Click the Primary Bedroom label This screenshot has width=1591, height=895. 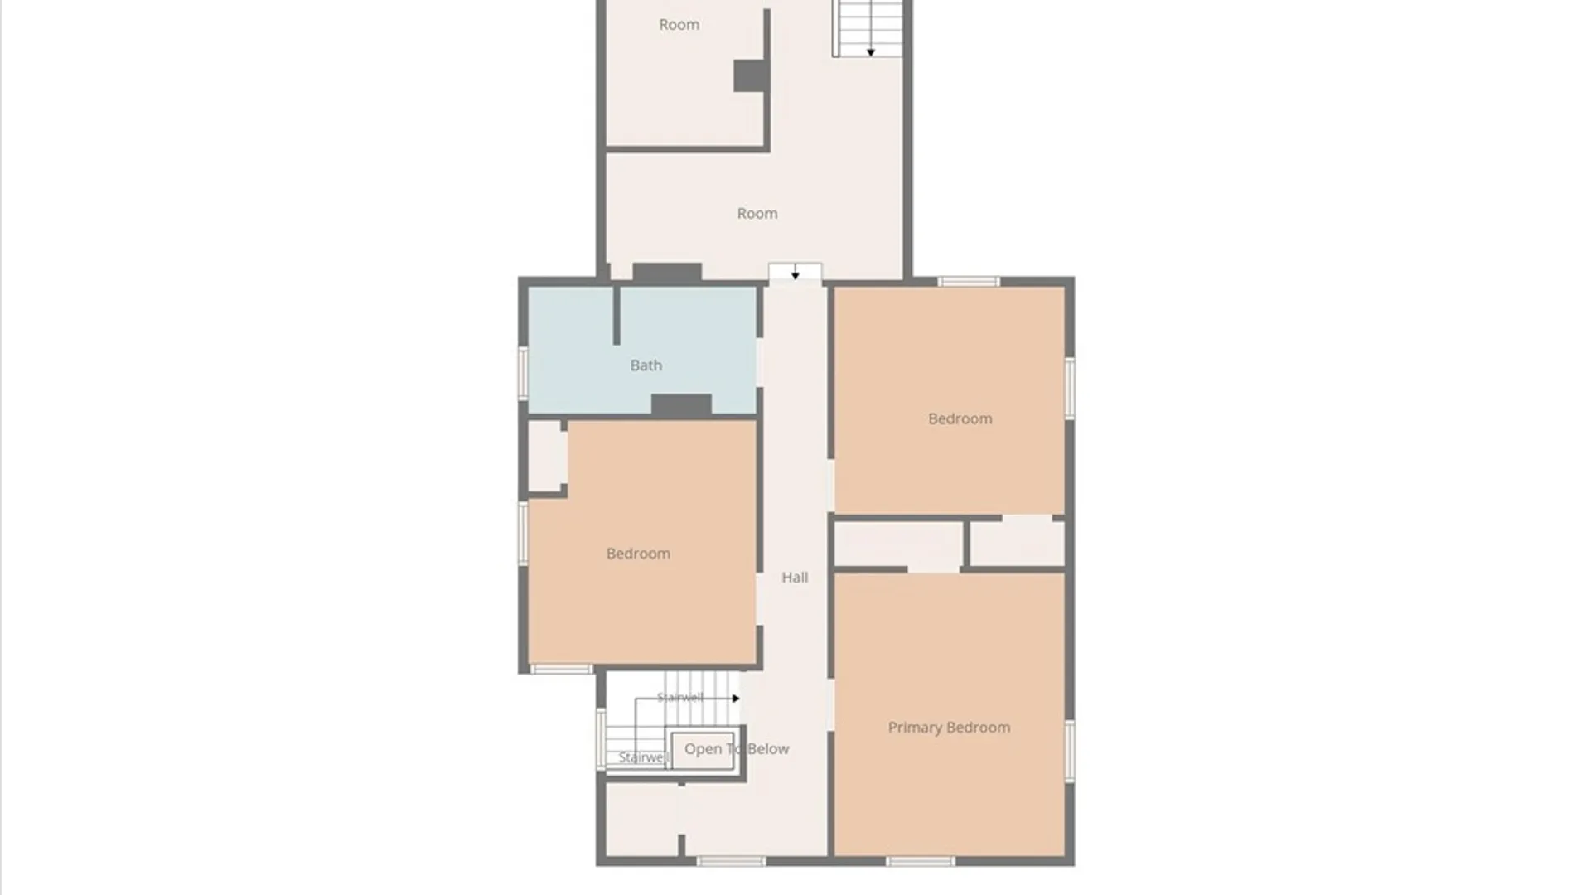click(x=949, y=728)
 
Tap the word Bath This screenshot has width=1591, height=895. click(x=646, y=365)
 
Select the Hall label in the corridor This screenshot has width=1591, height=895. click(x=795, y=578)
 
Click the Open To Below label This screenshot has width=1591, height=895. click(x=737, y=749)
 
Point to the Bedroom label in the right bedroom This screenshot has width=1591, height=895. click(x=960, y=419)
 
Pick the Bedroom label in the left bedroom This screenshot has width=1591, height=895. click(x=638, y=554)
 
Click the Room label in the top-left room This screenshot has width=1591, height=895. click(x=679, y=25)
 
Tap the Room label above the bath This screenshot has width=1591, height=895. click(x=757, y=214)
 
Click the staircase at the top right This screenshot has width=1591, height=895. click(x=868, y=28)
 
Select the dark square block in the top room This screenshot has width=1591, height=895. click(x=751, y=76)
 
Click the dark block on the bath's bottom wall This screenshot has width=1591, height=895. click(x=681, y=405)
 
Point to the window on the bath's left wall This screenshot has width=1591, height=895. click(x=523, y=373)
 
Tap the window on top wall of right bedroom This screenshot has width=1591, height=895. click(x=969, y=282)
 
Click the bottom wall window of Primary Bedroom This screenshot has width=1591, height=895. click(x=920, y=862)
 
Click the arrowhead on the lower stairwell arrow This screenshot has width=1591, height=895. click(x=736, y=699)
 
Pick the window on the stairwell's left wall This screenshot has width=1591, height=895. click(x=601, y=738)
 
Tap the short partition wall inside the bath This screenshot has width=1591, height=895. click(x=616, y=316)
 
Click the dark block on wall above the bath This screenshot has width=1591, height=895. click(x=667, y=272)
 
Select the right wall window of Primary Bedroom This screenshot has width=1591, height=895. click(x=1070, y=751)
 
